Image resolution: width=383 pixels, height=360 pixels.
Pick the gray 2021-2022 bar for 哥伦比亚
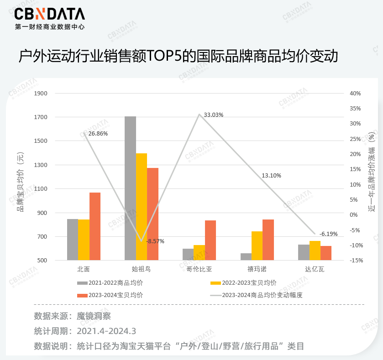188,254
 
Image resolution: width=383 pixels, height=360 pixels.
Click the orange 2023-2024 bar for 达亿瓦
326,253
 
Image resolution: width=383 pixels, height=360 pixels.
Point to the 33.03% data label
214,115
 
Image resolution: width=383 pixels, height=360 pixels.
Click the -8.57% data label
155,241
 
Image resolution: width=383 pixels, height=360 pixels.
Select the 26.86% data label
98,134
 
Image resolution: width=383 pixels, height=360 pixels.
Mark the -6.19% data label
328,234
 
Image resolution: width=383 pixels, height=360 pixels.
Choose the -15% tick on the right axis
355,261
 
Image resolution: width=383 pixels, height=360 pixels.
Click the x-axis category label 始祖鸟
141,269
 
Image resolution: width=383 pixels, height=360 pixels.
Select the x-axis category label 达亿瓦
315,269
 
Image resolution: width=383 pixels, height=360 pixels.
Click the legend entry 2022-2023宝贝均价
249,283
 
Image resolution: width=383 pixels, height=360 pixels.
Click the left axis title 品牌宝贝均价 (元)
20,183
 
